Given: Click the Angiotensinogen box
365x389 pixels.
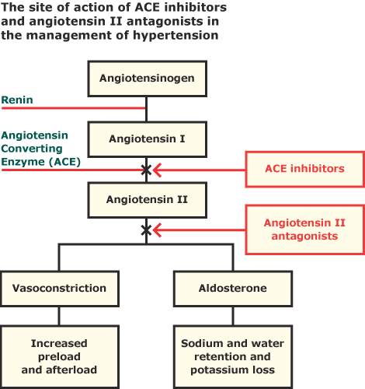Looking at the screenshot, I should click(147, 78).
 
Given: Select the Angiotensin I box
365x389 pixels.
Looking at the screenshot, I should click(147, 140).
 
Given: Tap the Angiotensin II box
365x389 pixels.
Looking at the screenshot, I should click(147, 199).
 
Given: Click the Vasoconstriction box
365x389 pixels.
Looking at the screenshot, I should click(59, 288).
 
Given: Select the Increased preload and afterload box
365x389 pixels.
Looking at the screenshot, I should click(59, 356).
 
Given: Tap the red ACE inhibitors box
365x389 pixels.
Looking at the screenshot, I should click(304, 169).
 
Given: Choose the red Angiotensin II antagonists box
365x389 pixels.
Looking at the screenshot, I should click(304, 230).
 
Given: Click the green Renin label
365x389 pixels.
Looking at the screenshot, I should click(16, 100).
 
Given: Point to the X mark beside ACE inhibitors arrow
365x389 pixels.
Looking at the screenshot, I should click(146, 169).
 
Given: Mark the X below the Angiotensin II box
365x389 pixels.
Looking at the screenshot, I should click(146, 230).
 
